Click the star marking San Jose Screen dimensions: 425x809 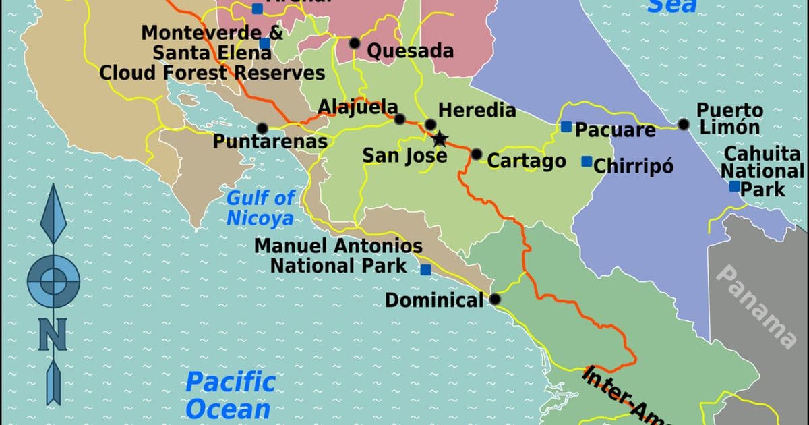(440, 139)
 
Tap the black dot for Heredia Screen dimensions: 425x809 (430, 124)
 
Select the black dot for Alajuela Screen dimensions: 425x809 (400, 119)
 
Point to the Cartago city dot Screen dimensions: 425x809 (477, 154)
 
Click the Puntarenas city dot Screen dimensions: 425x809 (262, 128)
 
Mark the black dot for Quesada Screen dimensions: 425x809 (355, 43)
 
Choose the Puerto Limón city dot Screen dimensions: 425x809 (684, 124)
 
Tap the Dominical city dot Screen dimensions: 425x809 (496, 299)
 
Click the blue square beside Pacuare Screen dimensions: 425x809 (566, 127)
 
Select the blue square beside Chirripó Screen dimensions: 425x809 (587, 161)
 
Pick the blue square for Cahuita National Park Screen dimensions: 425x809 (734, 186)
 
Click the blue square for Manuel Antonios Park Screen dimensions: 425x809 (425, 270)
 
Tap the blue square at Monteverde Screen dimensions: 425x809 (264, 43)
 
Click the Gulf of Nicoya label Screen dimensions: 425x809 (260, 208)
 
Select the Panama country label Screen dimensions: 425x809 (756, 305)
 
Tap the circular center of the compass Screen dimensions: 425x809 (53, 279)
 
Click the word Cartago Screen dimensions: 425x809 (527, 161)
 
